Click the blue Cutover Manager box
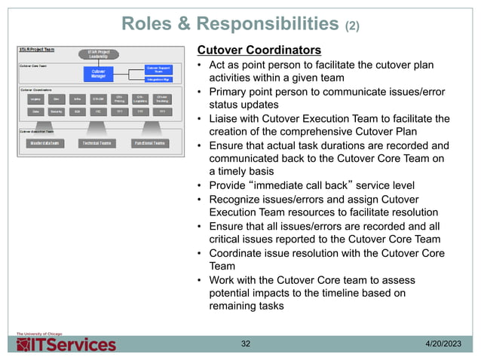pos(98,74)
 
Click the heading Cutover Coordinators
pos(259,50)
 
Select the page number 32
pos(245,344)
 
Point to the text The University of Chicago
pos(36,332)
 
